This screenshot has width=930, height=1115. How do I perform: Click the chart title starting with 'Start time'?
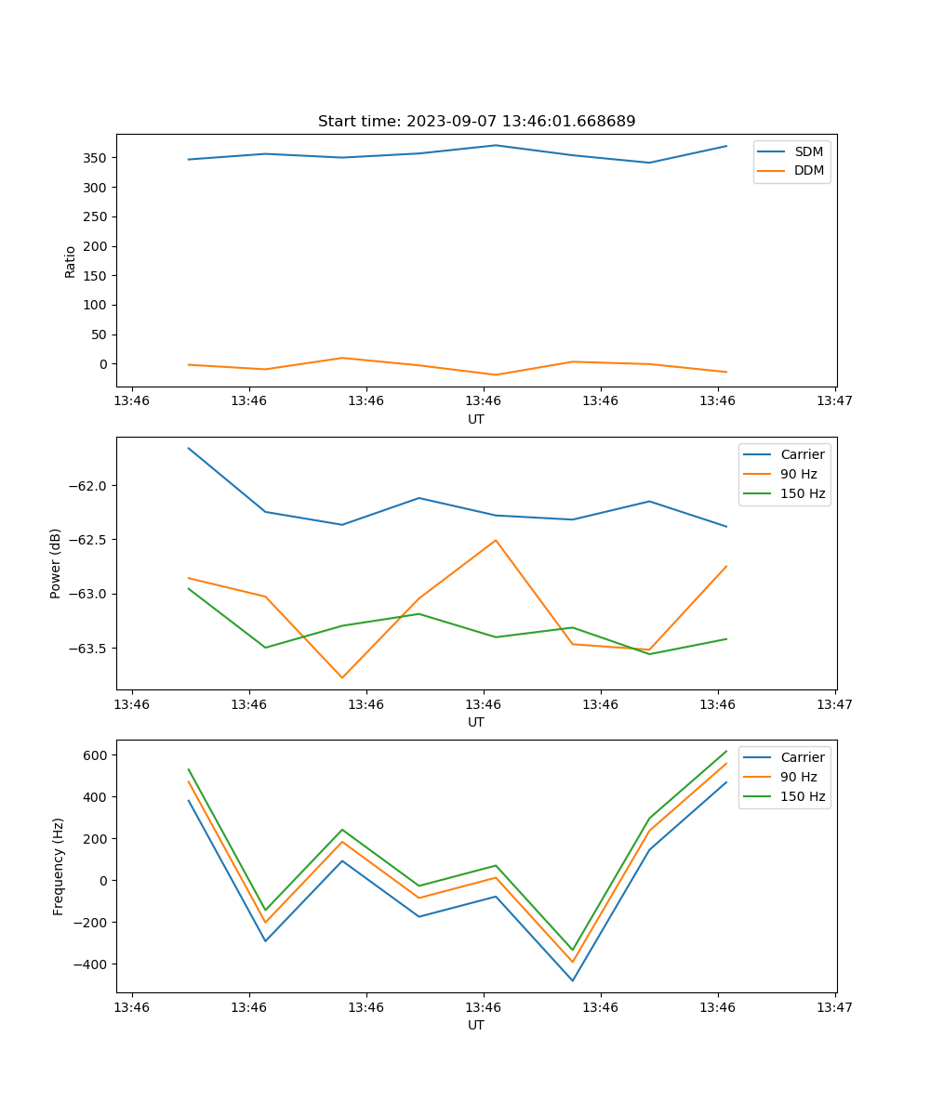(476, 122)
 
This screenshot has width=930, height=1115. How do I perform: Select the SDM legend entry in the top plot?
(808, 151)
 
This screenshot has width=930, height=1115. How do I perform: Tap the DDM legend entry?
(808, 171)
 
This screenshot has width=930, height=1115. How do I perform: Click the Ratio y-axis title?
(71, 261)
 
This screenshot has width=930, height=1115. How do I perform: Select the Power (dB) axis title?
(56, 563)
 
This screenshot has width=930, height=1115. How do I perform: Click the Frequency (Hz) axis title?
(58, 866)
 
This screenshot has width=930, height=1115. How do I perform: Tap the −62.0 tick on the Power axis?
(88, 486)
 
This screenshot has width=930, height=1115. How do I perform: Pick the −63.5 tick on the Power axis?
(88, 649)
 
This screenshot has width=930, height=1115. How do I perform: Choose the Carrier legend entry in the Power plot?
(802, 454)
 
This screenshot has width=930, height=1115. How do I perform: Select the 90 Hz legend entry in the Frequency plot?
(798, 777)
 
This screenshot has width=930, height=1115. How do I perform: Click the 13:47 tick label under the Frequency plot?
(834, 1007)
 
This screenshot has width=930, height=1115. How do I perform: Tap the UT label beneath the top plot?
(476, 419)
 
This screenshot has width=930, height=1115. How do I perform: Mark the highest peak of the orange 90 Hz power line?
(496, 540)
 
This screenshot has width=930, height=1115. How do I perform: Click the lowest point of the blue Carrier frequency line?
(572, 980)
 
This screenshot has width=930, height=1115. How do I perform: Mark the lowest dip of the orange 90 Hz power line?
(342, 677)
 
